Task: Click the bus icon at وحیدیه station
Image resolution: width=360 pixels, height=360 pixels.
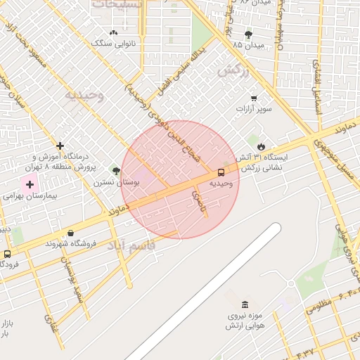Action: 221,172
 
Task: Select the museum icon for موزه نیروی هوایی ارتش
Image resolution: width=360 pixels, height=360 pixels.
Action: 245,305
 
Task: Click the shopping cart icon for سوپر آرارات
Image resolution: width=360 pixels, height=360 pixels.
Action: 254,98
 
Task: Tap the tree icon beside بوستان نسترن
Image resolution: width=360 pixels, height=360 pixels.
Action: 116,171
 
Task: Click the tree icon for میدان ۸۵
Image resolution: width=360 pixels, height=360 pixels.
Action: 248,34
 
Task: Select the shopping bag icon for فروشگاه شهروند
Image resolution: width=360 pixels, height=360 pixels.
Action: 70,233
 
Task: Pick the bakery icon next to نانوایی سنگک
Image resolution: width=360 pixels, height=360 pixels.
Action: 114,32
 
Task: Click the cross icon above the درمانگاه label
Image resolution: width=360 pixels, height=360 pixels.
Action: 60,145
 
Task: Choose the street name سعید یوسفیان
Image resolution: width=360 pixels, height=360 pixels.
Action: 73,280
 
